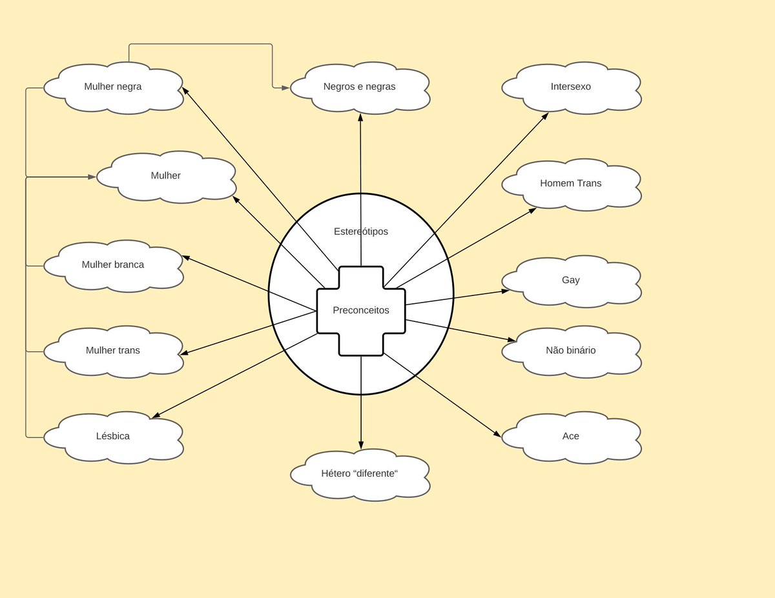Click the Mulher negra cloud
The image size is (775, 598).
point(113,86)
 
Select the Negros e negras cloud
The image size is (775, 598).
point(360,86)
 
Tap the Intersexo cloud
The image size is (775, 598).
point(571,86)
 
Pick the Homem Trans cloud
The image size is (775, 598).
point(571,183)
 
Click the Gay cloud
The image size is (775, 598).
point(571,280)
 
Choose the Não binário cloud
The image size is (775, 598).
point(571,351)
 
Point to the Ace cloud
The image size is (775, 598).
point(571,436)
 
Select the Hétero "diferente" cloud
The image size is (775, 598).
point(360,473)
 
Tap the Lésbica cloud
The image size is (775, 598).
point(113,436)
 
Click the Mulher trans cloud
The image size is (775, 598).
point(113,351)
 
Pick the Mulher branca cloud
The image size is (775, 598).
point(113,264)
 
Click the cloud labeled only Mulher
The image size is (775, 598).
point(166,175)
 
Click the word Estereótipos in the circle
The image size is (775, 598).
point(361,231)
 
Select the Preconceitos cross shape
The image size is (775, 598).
point(361,310)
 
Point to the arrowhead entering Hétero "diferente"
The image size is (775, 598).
point(361,445)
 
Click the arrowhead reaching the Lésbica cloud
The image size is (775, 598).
point(155,415)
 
